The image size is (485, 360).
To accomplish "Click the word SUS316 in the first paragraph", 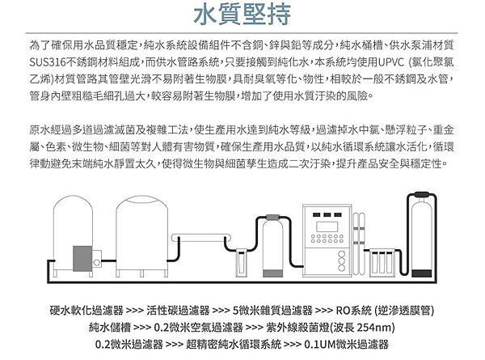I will click(49, 60).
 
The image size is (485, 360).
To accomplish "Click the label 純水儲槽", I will click(110, 328).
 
